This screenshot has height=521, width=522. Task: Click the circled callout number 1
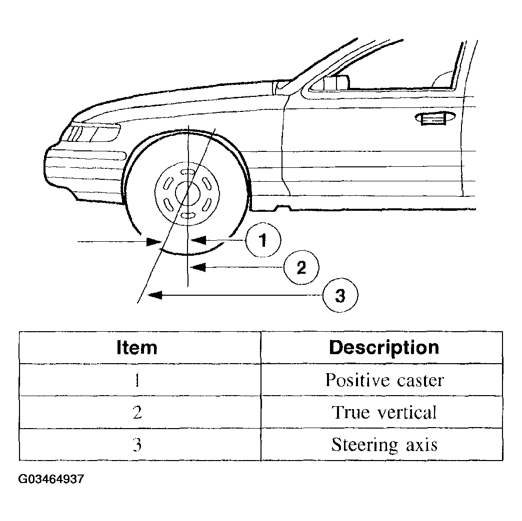[263, 240]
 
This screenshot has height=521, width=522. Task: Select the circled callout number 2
[301, 267]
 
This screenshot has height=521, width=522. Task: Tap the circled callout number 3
[340, 295]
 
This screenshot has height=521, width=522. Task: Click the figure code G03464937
[51, 480]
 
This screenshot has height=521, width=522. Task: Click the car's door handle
[435, 118]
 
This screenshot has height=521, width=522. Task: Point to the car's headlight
[91, 133]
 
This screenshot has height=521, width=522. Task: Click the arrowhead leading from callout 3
[154, 295]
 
